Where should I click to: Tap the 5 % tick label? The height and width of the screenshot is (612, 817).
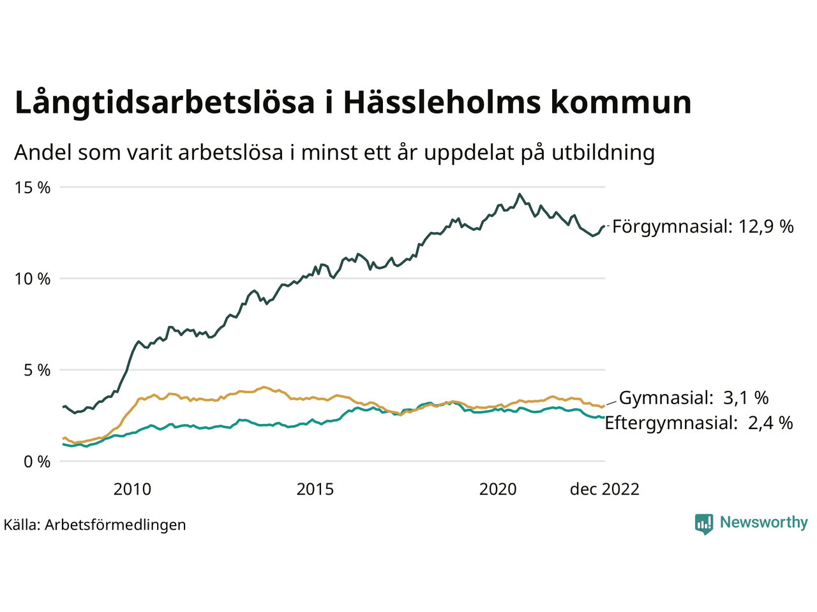click(x=36, y=370)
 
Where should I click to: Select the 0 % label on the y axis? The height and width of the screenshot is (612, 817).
click(x=36, y=462)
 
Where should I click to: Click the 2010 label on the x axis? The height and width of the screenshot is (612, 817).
click(x=132, y=489)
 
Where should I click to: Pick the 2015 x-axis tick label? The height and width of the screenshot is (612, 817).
click(x=315, y=489)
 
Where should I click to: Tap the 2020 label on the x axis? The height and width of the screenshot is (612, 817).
click(x=498, y=489)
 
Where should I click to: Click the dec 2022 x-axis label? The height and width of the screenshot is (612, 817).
click(x=604, y=489)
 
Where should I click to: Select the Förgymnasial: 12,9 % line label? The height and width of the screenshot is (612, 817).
click(x=703, y=226)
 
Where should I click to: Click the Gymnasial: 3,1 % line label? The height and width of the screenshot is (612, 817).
click(x=694, y=398)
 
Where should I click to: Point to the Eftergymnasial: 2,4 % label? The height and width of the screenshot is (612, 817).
click(x=699, y=423)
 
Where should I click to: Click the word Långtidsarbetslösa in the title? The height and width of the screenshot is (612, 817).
click(x=165, y=103)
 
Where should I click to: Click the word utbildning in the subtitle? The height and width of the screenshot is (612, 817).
click(x=603, y=153)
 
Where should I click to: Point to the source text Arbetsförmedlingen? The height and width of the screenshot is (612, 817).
click(x=116, y=525)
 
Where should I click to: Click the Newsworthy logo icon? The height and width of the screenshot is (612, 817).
click(x=704, y=523)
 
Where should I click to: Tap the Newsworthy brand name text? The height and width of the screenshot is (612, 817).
click(x=763, y=523)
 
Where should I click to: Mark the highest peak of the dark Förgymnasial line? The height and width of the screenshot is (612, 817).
click(x=520, y=194)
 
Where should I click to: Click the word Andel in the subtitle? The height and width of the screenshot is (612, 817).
click(x=43, y=153)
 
